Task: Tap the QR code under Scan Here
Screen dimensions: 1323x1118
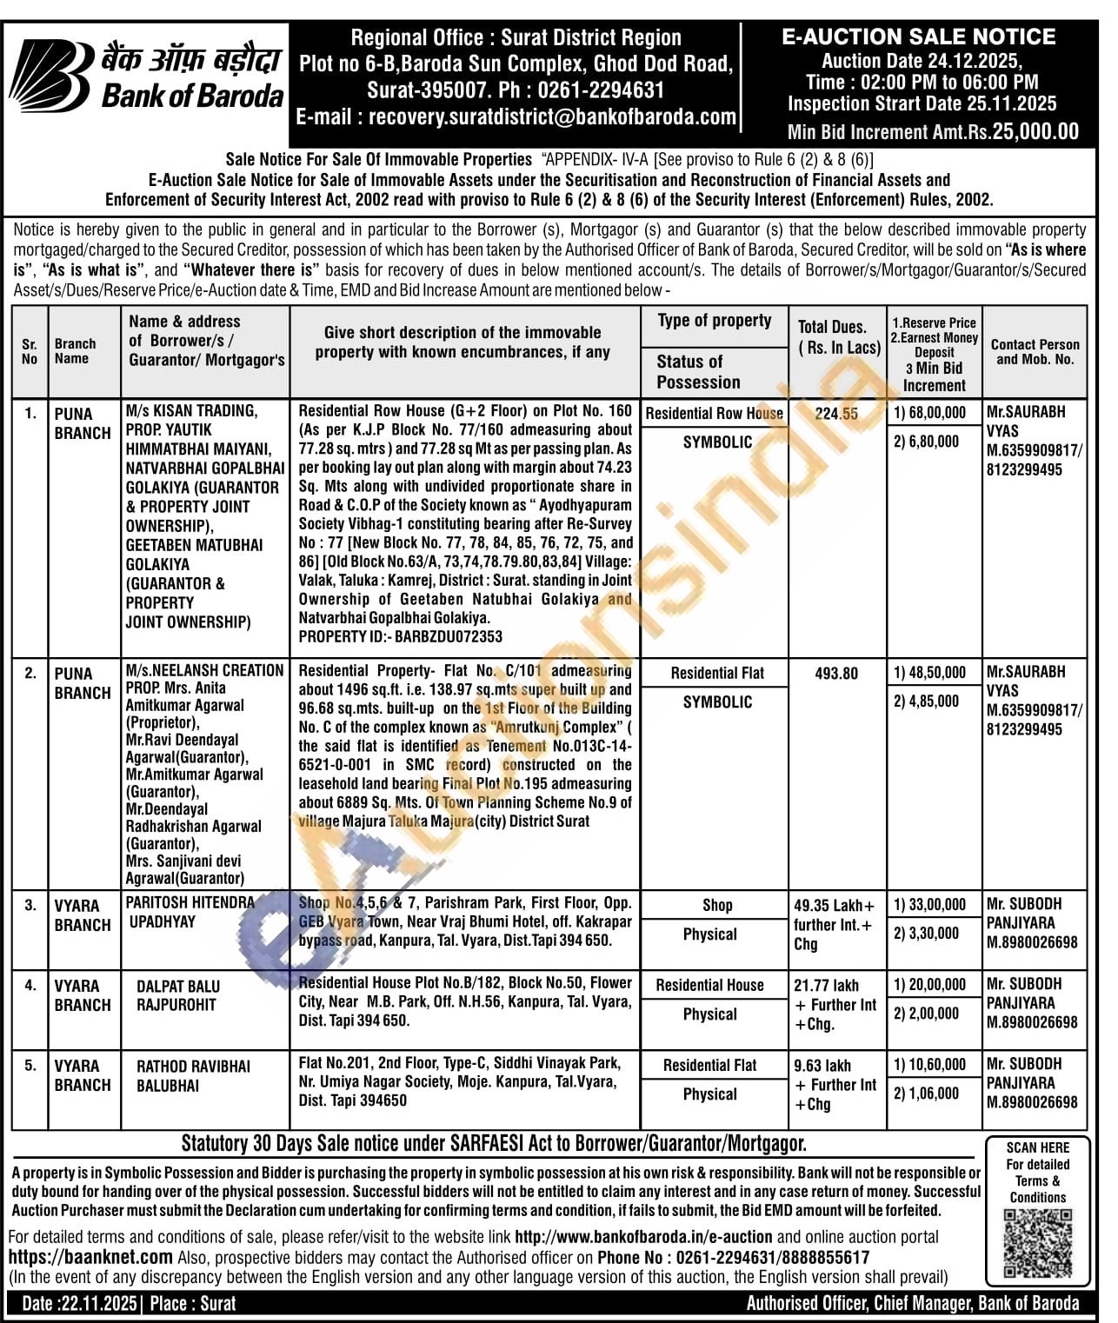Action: click(x=1037, y=1244)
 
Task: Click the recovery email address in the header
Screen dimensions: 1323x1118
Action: click(x=552, y=117)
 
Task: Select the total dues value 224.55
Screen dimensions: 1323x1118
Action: click(x=836, y=414)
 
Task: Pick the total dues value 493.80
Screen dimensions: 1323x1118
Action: click(x=836, y=673)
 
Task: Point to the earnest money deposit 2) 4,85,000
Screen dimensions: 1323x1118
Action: click(x=926, y=701)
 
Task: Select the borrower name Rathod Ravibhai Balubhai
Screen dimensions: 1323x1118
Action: click(x=192, y=1075)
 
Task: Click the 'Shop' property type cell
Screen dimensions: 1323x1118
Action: click(x=716, y=905)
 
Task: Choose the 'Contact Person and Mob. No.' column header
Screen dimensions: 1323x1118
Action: click(x=1035, y=351)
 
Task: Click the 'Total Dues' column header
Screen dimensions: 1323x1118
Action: click(x=838, y=337)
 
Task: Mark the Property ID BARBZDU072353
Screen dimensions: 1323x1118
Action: click(x=401, y=636)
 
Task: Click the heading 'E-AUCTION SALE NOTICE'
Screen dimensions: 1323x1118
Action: click(x=918, y=37)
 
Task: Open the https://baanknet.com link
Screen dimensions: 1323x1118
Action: click(x=90, y=1256)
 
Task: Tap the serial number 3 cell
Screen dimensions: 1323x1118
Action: click(x=30, y=905)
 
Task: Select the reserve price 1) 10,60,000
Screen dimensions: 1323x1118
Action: click(x=929, y=1064)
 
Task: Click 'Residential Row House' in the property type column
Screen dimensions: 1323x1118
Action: click(x=714, y=414)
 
